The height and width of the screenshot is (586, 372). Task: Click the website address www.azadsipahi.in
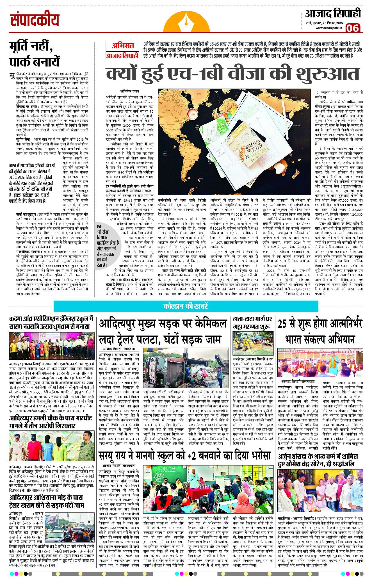click(328, 28)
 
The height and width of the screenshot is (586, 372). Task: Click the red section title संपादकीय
click(35, 20)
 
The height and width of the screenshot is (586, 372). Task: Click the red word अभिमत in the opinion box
click(123, 46)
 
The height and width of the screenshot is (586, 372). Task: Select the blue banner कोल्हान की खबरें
click(186, 306)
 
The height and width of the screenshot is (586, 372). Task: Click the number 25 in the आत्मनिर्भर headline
click(284, 324)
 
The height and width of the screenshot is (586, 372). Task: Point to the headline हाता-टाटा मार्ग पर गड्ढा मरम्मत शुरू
click(252, 323)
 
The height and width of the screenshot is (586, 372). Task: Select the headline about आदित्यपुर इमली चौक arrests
click(51, 422)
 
